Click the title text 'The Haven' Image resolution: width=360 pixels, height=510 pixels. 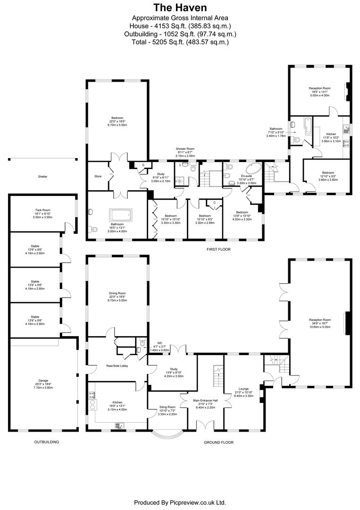pyautogui.click(x=180, y=8)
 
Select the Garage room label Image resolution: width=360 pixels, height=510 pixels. pyautogui.click(x=43, y=383)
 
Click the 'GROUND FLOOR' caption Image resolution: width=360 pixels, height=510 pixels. pyautogui.click(x=218, y=442)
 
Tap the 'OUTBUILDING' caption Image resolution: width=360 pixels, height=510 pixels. pyautogui.click(x=46, y=442)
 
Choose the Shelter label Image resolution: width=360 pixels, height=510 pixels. pyautogui.click(x=43, y=177)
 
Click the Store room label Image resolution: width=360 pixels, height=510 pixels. pyautogui.click(x=98, y=177)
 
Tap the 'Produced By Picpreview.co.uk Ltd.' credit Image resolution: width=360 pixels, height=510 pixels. pyautogui.click(x=180, y=502)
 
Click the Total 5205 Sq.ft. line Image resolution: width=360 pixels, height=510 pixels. pyautogui.click(x=180, y=42)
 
